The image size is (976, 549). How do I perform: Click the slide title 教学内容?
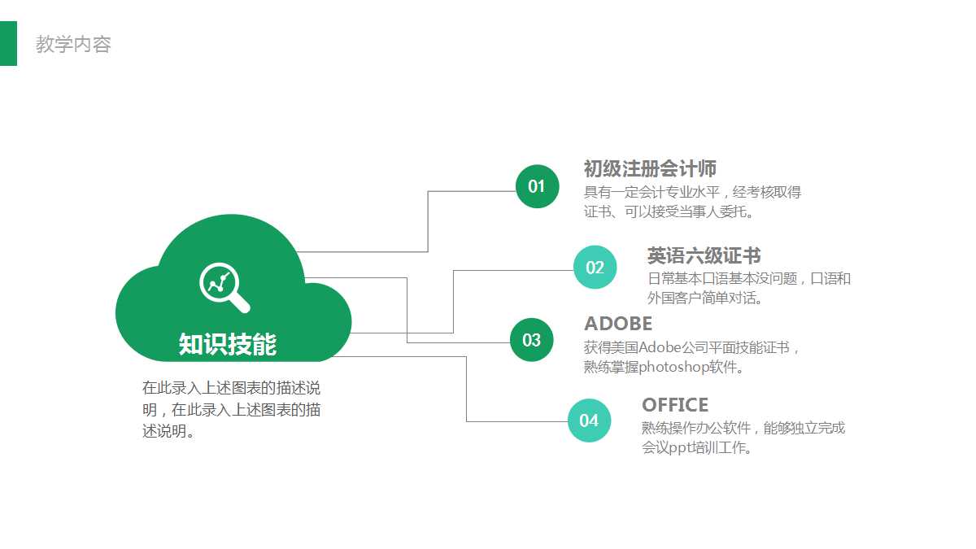pyautogui.click(x=73, y=44)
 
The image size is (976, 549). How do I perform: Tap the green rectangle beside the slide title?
pyautogui.click(x=8, y=43)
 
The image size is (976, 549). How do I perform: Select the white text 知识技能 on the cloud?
pyautogui.click(x=228, y=344)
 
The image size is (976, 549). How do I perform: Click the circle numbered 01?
pyautogui.click(x=537, y=186)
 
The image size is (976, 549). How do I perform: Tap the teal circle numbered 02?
pyautogui.click(x=595, y=267)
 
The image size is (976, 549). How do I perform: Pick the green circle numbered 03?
pyautogui.click(x=532, y=340)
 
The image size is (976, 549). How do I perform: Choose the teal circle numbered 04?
pyautogui.click(x=589, y=420)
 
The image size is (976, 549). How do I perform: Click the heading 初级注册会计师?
pyautogui.click(x=650, y=168)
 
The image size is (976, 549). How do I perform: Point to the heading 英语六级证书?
pyautogui.click(x=704, y=255)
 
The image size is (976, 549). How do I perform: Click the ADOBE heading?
pyautogui.click(x=618, y=324)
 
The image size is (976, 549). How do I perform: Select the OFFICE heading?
pyautogui.click(x=675, y=405)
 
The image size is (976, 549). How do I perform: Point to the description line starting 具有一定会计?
pyautogui.click(x=692, y=192)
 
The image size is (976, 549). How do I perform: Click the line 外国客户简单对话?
pyautogui.click(x=704, y=298)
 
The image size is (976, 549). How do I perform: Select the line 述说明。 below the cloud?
pyautogui.click(x=168, y=431)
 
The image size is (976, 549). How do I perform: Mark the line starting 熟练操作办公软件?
pyautogui.click(x=743, y=429)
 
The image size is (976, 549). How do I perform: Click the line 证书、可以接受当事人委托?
pyautogui.click(x=669, y=211)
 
